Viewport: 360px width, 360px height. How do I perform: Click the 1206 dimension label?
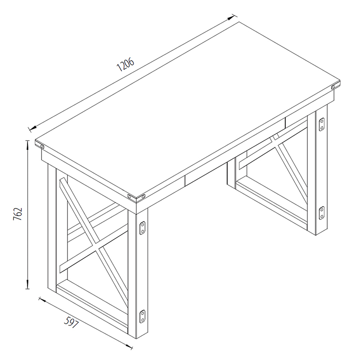[126, 65]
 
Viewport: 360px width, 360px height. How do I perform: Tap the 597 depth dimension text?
[72, 322]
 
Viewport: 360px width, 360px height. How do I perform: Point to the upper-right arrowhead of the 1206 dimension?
[233, 18]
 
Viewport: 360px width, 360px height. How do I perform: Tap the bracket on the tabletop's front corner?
[136, 196]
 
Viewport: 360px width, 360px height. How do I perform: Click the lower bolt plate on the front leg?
[143, 316]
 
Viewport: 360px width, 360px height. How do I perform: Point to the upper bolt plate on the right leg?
[322, 125]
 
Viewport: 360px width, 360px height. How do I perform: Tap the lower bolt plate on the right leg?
[322, 213]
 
